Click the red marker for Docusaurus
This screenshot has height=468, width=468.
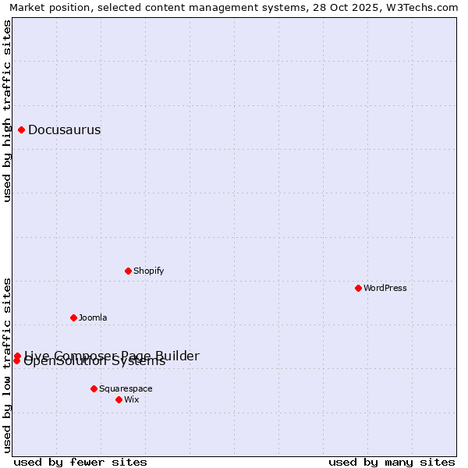pos(22,129)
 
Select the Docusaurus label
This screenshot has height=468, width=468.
pos(64,130)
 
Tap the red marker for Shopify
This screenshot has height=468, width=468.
pos(128,271)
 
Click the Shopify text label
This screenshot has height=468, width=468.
pos(148,271)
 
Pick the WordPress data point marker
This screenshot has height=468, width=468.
pos(358,288)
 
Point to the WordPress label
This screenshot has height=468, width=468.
pos(385,289)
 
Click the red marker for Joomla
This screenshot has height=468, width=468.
pos(73,317)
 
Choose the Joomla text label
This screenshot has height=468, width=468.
pos(93,318)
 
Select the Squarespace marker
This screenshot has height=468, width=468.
pos(94,388)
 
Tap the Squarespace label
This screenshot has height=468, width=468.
pos(126,389)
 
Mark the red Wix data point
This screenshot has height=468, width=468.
pos(119,399)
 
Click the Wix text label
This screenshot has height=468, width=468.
pos(131,400)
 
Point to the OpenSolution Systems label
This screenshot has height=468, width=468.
pos(94,363)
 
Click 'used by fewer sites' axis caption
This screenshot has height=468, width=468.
pos(80,462)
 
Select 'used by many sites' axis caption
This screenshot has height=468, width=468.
pos(392,462)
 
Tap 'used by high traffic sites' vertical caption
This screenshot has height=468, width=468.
pos(7,111)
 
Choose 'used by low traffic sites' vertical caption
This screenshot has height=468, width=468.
pos(7,364)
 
